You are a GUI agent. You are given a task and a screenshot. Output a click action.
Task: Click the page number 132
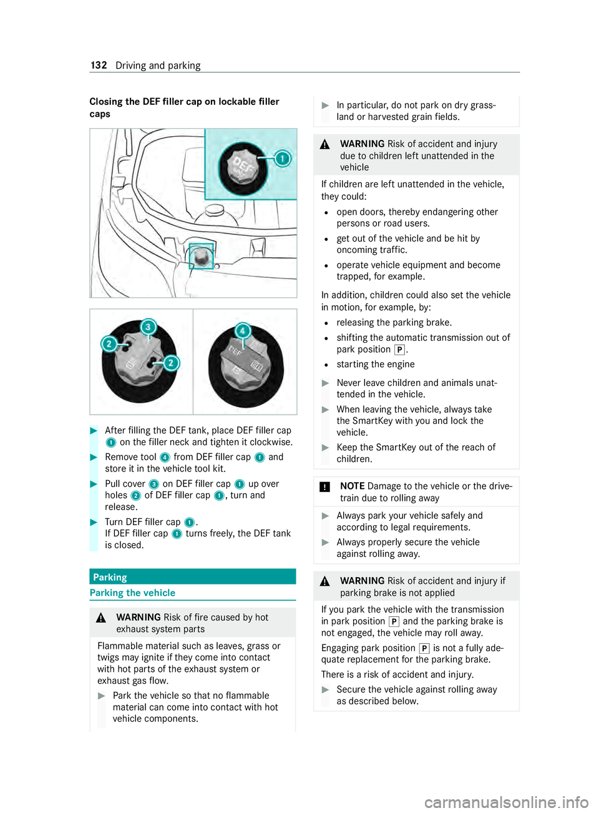point(99,66)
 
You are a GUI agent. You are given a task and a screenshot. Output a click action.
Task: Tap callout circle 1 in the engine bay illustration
point(282,159)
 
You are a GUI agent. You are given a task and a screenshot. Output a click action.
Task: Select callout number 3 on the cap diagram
point(149,327)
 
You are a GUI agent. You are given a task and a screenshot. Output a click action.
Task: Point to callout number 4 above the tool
point(243,331)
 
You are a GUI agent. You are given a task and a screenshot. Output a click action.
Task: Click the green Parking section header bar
point(193,577)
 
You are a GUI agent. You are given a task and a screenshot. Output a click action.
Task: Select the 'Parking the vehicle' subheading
point(132,593)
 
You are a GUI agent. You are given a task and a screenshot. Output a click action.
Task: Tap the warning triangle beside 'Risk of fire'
point(101,618)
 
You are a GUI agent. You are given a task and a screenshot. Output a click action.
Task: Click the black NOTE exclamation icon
point(324,486)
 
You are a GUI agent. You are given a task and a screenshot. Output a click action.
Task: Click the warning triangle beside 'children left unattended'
point(325,145)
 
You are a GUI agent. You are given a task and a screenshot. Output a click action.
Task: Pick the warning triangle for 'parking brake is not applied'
point(325,582)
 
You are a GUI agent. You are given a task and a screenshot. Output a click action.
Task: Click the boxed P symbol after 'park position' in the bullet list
point(399,350)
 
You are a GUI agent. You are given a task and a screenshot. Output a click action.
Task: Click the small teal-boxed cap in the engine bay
point(201,256)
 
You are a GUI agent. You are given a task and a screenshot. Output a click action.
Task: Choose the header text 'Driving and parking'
point(158,66)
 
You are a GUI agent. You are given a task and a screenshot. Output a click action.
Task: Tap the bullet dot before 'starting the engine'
point(327,365)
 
